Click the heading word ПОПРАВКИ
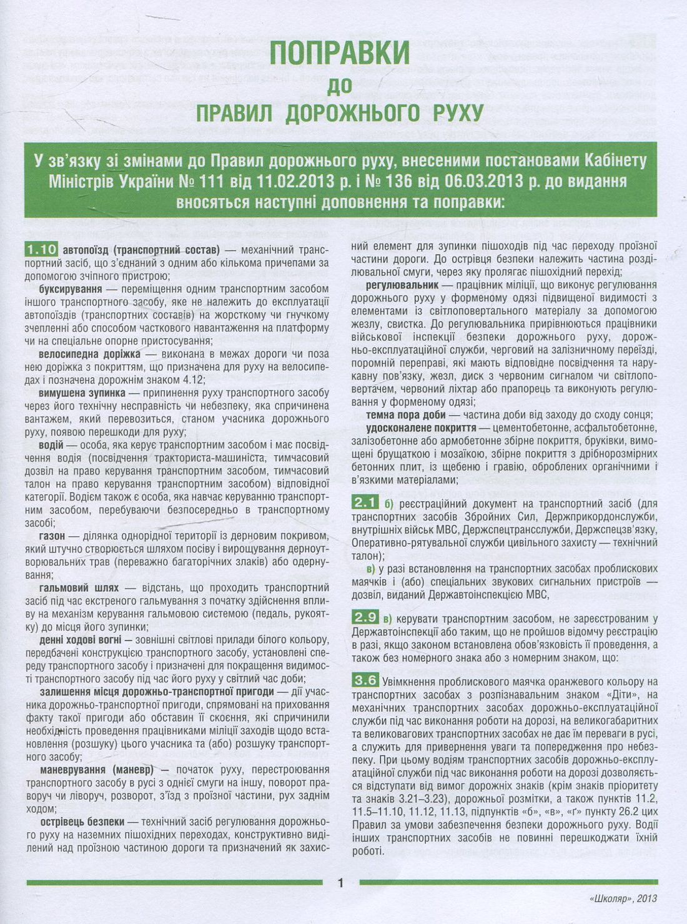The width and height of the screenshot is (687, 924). tap(339, 52)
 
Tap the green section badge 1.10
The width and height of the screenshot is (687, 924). tap(42, 250)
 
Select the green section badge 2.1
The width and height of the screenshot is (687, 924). tap(365, 503)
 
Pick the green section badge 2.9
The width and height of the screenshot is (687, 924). tap(365, 618)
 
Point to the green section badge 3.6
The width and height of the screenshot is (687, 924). tap(365, 681)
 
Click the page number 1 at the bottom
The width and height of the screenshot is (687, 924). tap(340, 883)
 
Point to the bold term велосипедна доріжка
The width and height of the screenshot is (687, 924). tap(89, 354)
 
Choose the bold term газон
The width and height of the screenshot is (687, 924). tap(52, 536)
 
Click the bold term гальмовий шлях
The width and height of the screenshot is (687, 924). tap(79, 587)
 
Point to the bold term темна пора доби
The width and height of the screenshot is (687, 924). tap(406, 415)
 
